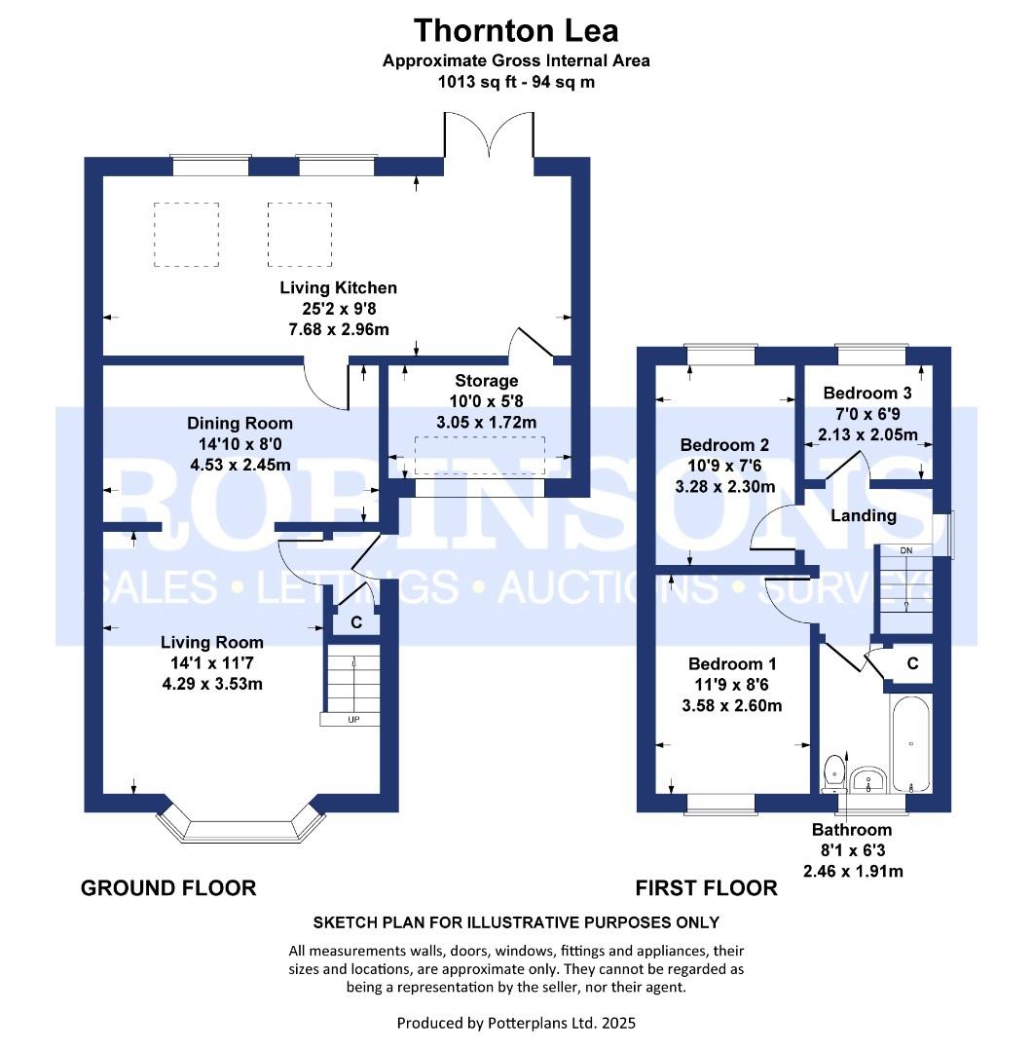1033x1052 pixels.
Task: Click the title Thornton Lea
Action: (516, 31)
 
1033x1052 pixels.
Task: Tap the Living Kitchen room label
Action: (338, 287)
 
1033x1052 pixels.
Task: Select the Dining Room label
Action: (240, 424)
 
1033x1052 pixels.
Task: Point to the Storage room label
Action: (486, 381)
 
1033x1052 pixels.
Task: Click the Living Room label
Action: (212, 643)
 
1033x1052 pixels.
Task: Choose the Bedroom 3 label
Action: (867, 394)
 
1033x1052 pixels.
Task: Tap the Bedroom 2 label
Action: (724, 445)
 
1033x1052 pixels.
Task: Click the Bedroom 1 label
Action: (732, 664)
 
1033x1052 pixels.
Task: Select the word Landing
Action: (864, 516)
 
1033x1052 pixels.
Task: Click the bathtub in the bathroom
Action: (911, 744)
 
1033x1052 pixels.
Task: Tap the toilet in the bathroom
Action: (833, 773)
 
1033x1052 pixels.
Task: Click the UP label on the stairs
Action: (353, 720)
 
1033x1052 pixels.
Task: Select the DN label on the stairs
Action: (906, 550)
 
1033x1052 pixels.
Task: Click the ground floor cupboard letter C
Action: (356, 622)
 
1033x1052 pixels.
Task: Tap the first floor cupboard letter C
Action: (912, 663)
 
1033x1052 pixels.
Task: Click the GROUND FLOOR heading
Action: (168, 888)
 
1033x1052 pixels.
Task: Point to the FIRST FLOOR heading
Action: (706, 888)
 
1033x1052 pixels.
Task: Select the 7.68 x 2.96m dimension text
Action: (338, 329)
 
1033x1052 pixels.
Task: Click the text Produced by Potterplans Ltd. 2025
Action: (516, 1023)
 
